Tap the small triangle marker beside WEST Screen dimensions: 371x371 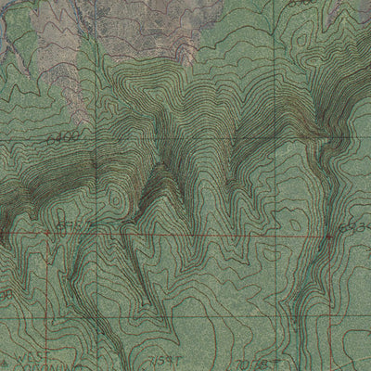tap(9, 357)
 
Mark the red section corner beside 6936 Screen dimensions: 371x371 tap(331, 237)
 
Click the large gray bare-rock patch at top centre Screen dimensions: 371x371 tap(139, 37)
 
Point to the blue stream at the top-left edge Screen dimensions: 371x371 tap(7, 46)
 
